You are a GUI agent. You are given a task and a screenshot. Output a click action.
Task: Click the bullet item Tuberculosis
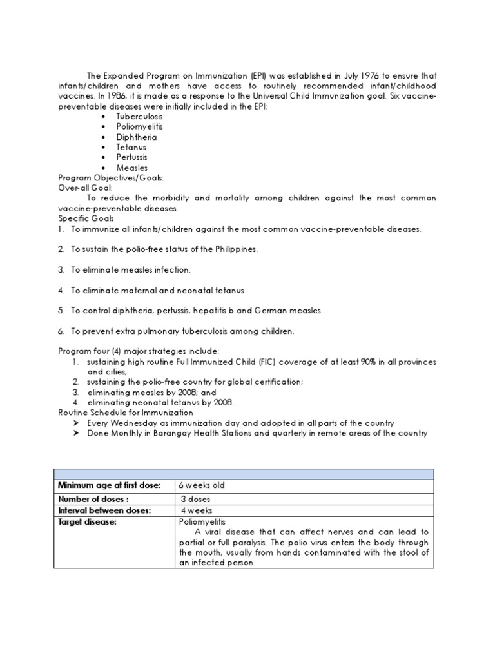139,117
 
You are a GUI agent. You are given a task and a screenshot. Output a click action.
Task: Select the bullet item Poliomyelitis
139,127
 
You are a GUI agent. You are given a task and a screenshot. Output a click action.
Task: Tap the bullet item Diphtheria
136,137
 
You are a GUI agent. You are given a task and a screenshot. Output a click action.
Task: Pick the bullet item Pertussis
131,158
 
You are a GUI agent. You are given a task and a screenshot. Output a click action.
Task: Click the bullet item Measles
131,168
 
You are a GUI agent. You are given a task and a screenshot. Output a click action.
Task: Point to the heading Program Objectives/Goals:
111,178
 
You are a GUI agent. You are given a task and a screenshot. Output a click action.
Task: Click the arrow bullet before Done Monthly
75,434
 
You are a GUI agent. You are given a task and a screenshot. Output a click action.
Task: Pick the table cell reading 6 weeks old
202,485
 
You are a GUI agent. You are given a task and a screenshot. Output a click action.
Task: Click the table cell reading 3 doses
196,500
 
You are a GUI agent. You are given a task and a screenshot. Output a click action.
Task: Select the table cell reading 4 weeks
196,510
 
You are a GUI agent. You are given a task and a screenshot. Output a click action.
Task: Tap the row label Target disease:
87,521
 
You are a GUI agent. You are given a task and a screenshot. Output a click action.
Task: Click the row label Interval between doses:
104,510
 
